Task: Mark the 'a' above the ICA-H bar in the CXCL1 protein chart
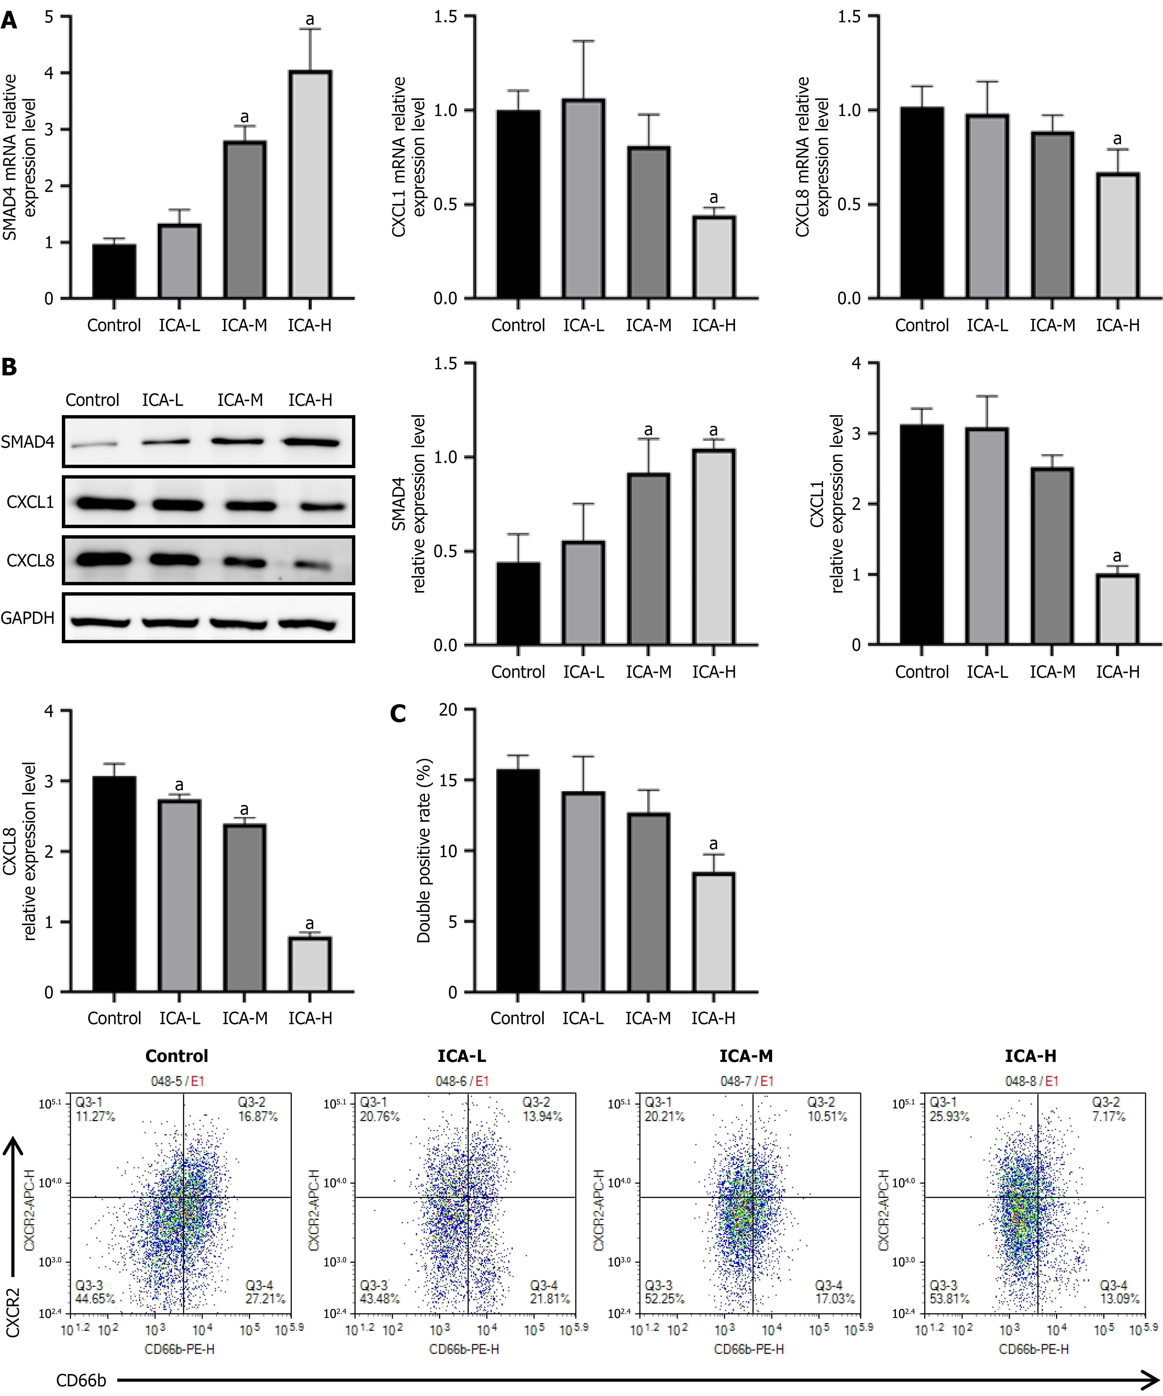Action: point(1117,556)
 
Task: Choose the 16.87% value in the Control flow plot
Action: point(258,1116)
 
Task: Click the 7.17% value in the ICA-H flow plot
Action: point(1108,1116)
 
